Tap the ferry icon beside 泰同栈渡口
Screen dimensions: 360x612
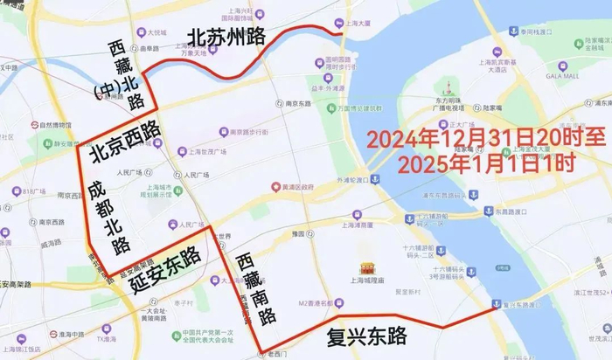pyautogui.click(x=513, y=31)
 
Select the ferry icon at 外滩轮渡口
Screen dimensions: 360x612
pyautogui.click(x=374, y=179)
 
